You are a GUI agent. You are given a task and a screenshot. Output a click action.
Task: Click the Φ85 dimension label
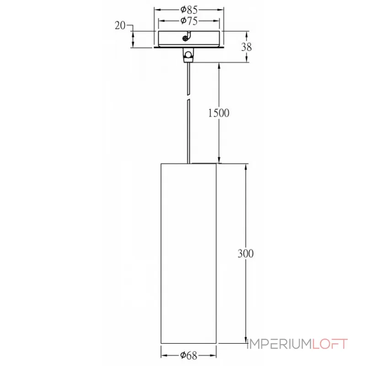[189, 10]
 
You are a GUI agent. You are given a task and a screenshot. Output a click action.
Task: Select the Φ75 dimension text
[189, 21]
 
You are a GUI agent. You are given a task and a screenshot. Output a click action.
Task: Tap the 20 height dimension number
[120, 26]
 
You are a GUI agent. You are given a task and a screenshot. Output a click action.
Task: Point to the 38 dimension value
[247, 47]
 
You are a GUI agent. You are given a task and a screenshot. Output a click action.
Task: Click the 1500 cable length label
[219, 113]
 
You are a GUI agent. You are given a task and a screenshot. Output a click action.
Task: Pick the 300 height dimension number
[246, 253]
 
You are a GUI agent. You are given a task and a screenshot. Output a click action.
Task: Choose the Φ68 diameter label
[189, 355]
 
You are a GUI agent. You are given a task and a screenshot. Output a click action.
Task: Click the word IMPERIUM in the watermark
[280, 344]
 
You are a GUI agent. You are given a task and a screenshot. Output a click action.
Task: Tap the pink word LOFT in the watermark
[330, 344]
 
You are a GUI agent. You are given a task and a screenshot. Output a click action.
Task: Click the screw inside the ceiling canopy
[185, 38]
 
